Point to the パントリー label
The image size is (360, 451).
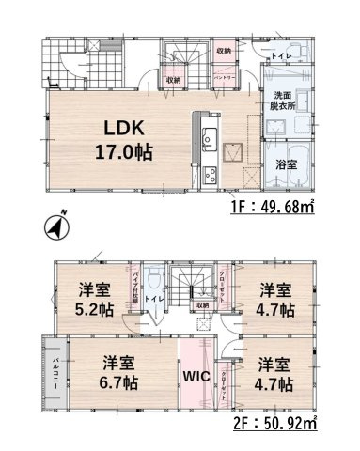click(224, 78)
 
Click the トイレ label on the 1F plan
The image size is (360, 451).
click(281, 55)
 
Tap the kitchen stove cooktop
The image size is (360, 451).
click(209, 172)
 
